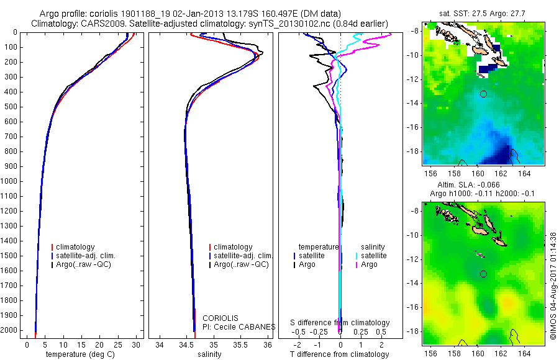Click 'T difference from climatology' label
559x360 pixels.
(x=340, y=354)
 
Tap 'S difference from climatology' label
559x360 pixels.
(x=340, y=323)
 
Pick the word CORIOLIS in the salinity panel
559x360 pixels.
(x=220, y=318)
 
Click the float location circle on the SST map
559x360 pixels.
(x=483, y=94)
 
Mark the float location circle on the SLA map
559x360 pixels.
(x=483, y=274)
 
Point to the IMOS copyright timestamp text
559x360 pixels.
(x=553, y=286)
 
